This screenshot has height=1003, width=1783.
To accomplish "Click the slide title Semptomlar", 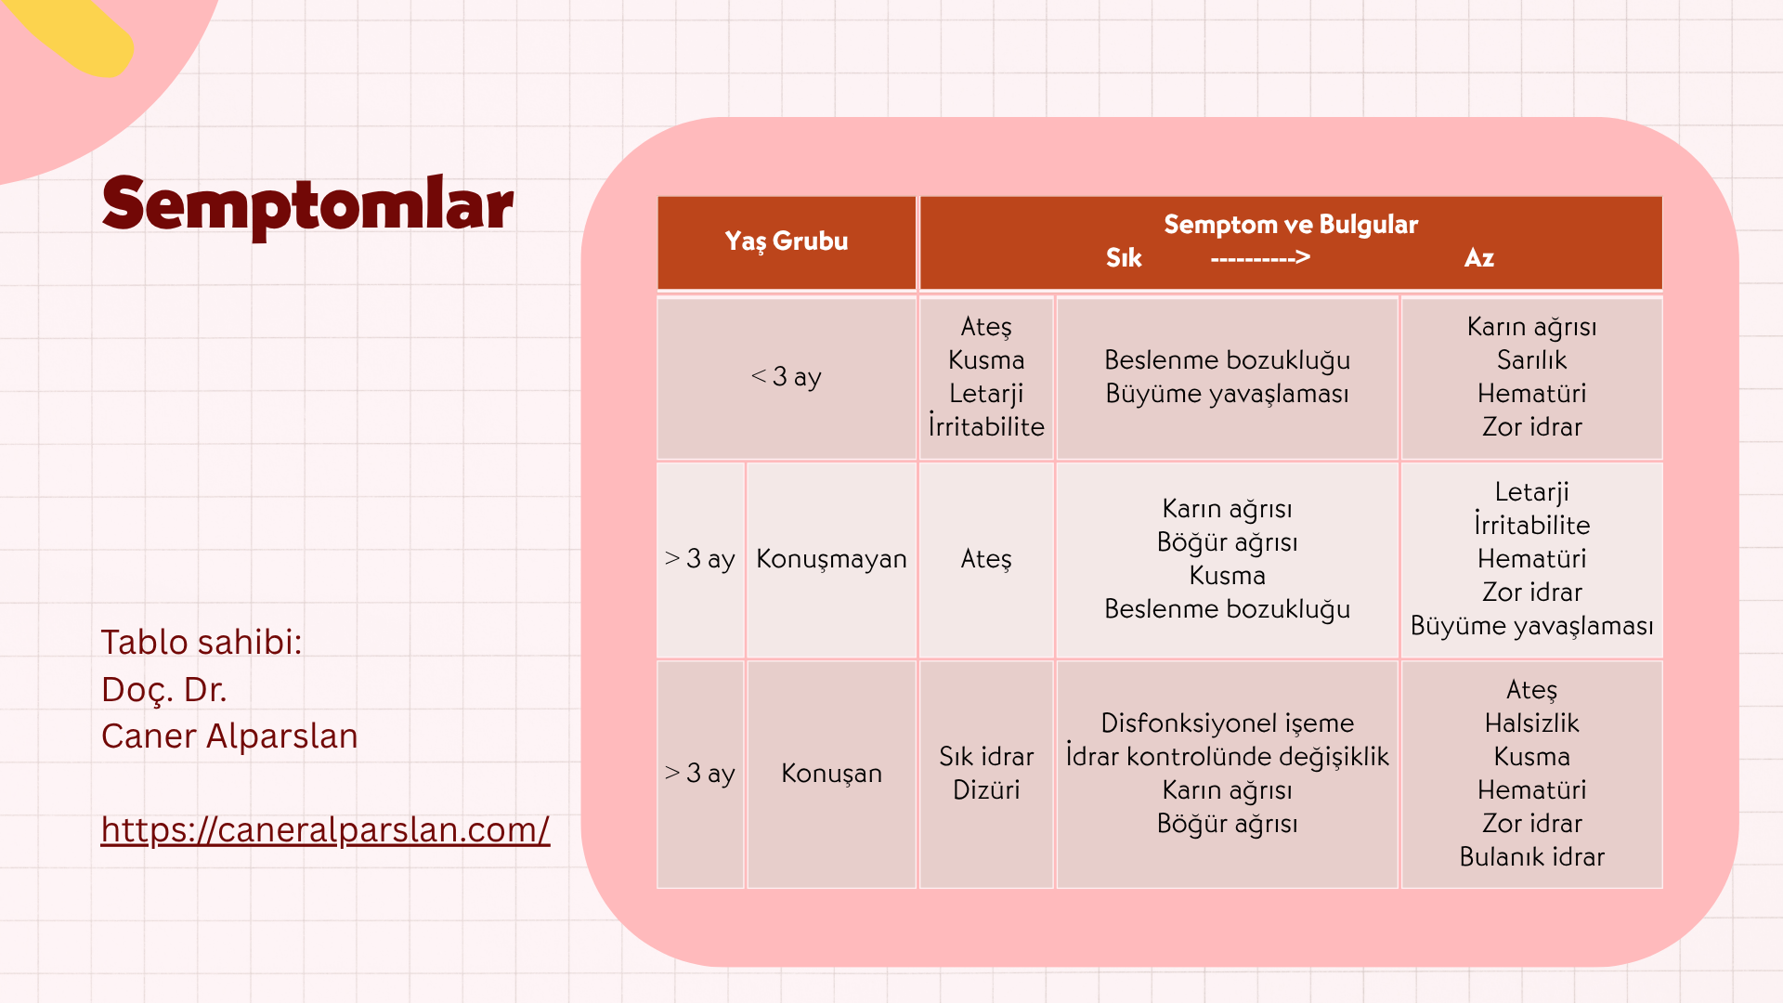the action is point(307,206).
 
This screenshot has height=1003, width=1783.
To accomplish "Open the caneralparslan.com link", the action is point(325,829).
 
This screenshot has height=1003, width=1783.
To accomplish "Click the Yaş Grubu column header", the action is point(787,241).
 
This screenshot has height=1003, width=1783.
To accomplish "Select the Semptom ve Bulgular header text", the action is point(1291,225).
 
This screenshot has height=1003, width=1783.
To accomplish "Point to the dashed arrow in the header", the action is point(1260,258).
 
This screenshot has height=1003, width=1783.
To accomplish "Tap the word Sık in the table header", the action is point(1124,258).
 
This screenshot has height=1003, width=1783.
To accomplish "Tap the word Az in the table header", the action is point(1479,258).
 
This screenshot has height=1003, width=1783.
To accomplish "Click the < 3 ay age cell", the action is point(787,377).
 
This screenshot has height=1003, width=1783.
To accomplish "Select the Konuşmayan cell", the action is point(831,559).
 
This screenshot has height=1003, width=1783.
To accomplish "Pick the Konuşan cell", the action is point(831,774).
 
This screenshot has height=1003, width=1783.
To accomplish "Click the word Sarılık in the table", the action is point(1531,359).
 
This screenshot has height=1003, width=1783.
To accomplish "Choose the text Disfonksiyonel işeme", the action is point(1227,723).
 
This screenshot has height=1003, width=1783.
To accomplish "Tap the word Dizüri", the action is point(986,790).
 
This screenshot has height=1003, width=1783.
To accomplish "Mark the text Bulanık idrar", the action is point(1531,857).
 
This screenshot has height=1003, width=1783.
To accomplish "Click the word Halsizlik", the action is point(1531,723).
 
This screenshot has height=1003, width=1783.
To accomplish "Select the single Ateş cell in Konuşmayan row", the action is point(986,559).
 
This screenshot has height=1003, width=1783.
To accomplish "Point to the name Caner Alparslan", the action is point(229,736).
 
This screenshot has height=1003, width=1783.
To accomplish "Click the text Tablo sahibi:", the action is point(202,643).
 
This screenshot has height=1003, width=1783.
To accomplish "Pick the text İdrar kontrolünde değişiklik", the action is point(1227,757).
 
